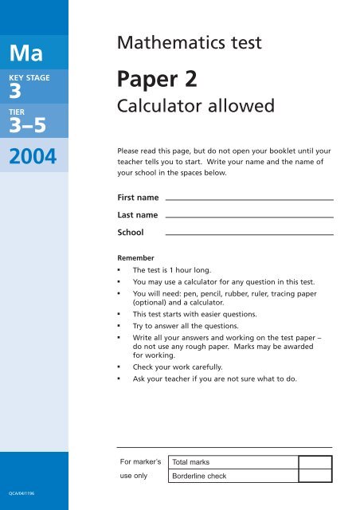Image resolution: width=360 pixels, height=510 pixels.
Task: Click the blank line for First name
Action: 248,198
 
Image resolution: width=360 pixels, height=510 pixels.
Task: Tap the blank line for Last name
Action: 248,217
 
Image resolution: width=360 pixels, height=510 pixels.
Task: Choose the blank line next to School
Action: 248,234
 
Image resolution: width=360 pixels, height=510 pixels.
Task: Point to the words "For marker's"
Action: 140,461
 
